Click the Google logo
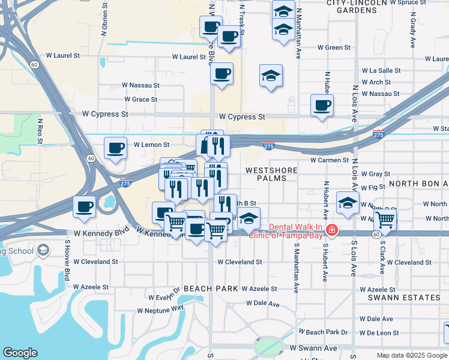20,353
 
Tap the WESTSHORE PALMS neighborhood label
271,175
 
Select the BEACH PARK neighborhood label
211,289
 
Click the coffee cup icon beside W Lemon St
115,147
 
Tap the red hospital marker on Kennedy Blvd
331,230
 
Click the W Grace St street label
140,100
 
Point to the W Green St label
334,47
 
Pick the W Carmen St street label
330,160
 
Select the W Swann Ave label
313,348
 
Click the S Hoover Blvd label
67,264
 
